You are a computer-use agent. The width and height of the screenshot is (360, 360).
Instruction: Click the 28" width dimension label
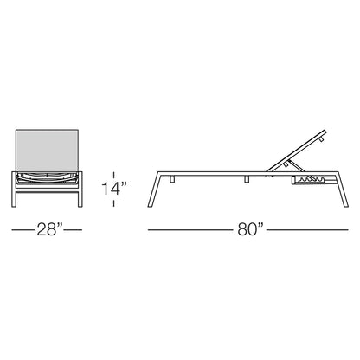(49, 230)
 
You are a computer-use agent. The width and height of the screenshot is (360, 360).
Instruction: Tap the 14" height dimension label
(114, 189)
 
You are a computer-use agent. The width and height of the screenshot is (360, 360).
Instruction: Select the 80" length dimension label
(250, 230)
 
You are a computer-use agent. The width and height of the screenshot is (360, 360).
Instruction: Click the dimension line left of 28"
(22, 230)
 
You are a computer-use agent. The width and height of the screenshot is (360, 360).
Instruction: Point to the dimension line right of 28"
(74, 230)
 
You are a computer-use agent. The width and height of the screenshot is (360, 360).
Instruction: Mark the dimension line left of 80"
(190, 230)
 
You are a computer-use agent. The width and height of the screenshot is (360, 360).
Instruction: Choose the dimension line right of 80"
(307, 230)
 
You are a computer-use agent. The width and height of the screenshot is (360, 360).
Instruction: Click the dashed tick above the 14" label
(114, 176)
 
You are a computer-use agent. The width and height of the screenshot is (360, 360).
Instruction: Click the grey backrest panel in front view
(47, 151)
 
